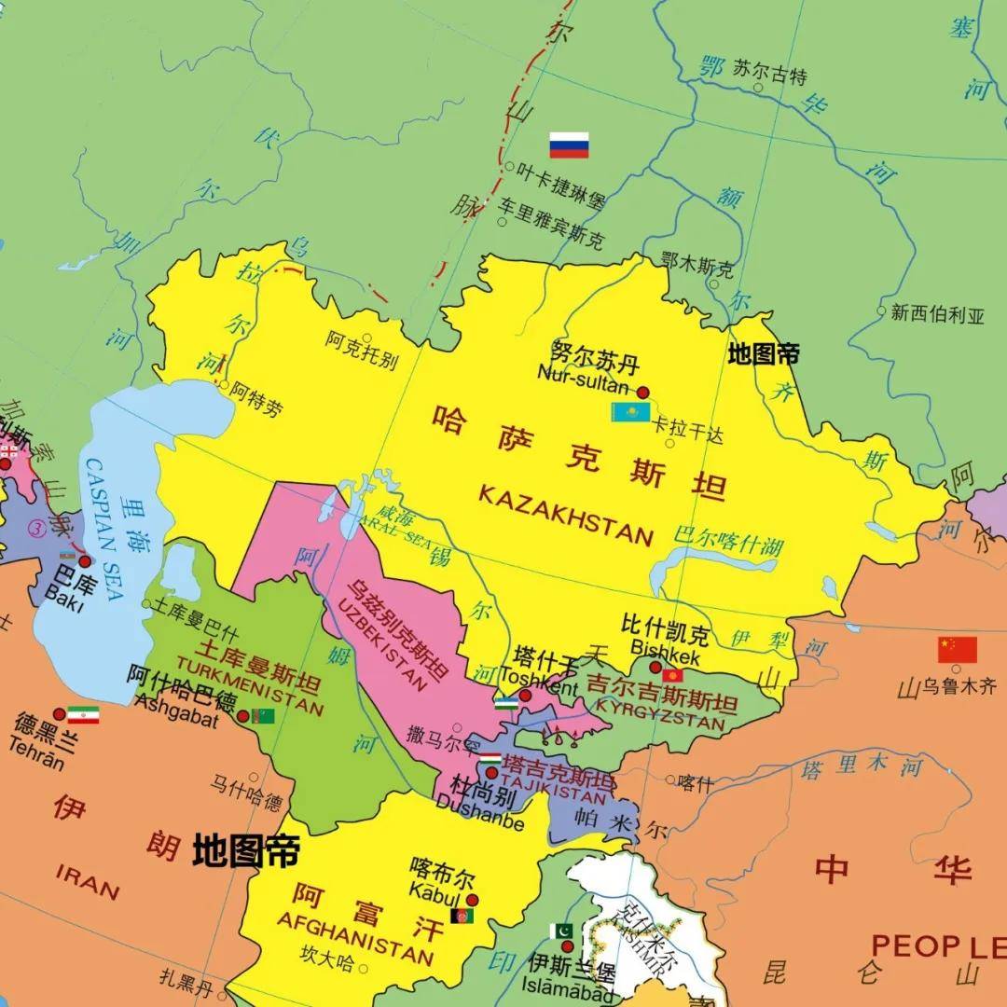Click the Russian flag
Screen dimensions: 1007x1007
coord(569,145)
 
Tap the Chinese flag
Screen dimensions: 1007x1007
coord(958,650)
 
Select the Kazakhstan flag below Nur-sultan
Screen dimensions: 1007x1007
coord(630,412)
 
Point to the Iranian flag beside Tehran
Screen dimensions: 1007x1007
coord(83,715)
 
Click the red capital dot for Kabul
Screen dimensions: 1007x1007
coord(473,900)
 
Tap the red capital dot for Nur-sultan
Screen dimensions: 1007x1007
coord(642,392)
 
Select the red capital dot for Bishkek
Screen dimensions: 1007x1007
coord(655,668)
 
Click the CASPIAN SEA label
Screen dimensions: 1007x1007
coord(102,524)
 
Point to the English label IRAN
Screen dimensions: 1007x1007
coord(88,882)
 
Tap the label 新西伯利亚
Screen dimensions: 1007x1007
coord(937,314)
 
